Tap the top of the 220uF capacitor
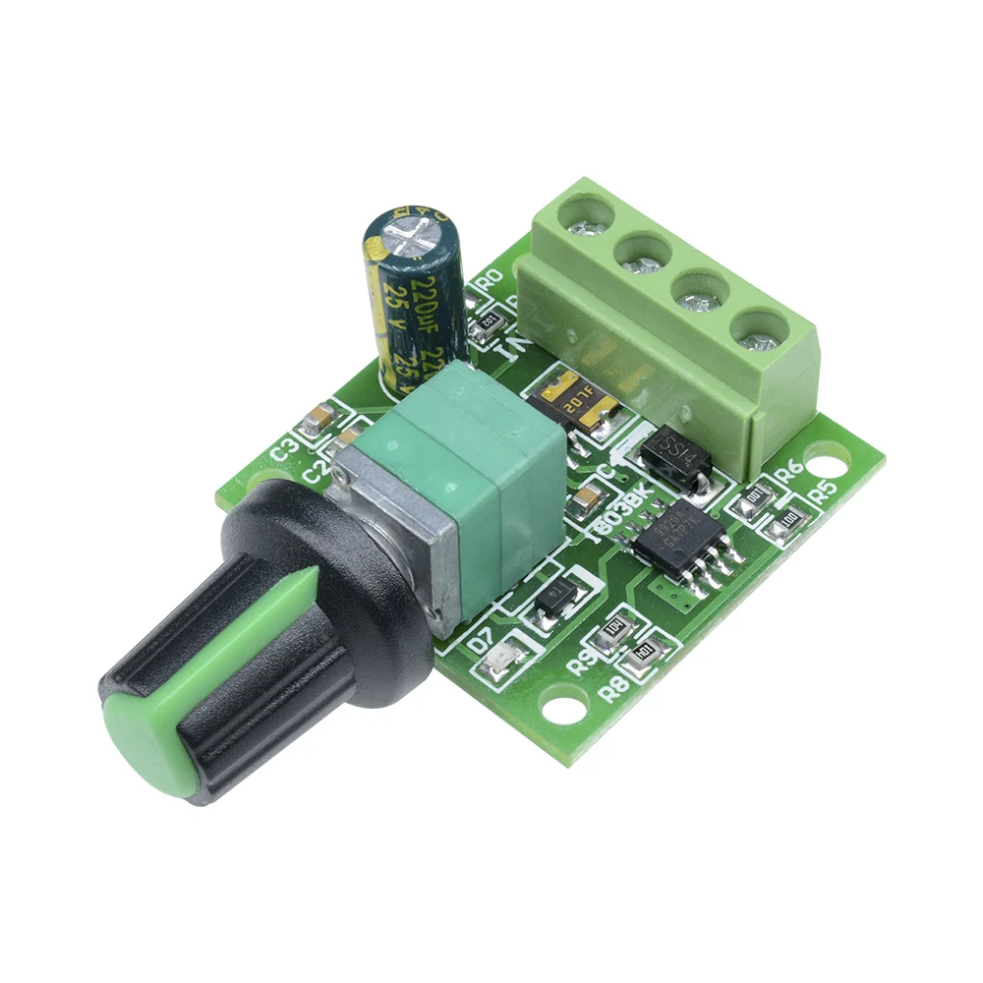click(x=411, y=226)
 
